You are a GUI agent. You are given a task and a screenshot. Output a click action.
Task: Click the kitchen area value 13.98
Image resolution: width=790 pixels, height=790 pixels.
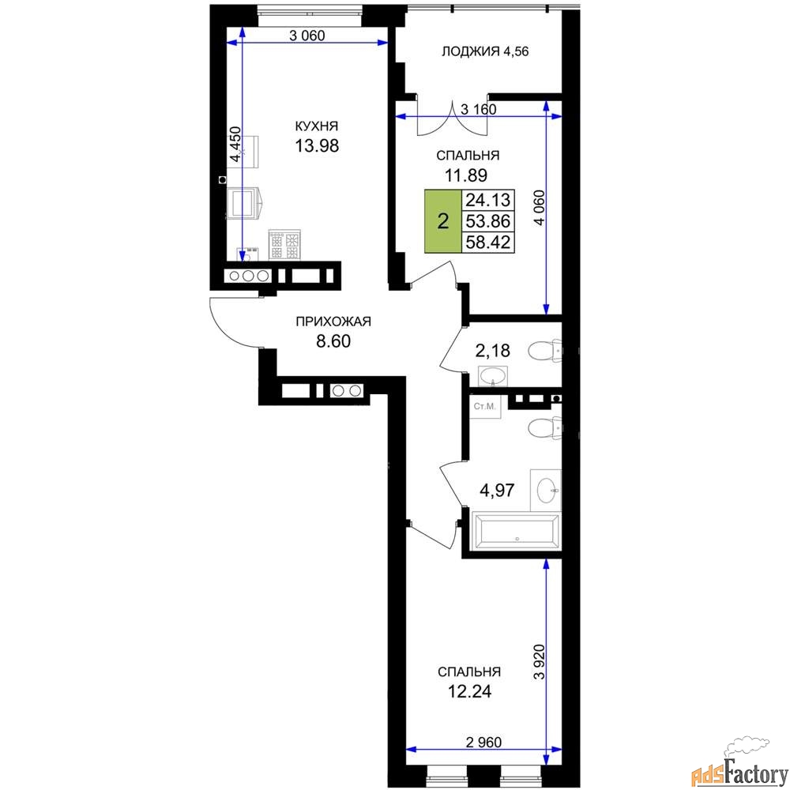coord(317,145)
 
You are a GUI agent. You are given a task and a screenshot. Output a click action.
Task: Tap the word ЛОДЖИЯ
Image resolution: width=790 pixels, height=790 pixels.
coord(471,51)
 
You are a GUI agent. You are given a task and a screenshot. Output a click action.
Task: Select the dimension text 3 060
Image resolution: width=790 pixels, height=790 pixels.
coord(307,36)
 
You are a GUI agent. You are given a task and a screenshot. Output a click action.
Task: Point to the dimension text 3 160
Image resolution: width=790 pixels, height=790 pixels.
coord(479,109)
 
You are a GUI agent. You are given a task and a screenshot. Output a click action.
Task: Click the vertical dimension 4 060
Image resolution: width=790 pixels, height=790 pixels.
coord(539,207)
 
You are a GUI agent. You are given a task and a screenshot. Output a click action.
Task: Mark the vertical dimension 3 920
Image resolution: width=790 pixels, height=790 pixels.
coord(540,662)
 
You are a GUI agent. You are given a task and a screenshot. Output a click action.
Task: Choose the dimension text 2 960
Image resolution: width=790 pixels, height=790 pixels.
coord(483,742)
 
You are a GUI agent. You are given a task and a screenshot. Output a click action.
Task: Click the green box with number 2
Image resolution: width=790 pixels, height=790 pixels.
coord(443,221)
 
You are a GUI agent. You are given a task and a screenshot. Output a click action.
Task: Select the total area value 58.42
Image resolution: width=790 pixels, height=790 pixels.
coord(487,242)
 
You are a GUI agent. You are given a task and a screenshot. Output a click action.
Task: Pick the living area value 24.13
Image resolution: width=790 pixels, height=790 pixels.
coord(487,200)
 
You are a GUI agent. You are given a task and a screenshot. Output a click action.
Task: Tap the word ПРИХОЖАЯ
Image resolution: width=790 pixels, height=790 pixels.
coord(333,322)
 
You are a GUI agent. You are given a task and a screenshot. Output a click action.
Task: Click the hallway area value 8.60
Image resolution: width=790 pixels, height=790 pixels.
coord(333,341)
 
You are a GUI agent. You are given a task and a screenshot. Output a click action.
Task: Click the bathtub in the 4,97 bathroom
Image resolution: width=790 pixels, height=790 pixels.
coord(516,531)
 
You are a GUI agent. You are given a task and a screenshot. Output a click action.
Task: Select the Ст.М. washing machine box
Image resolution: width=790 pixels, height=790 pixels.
coord(485,406)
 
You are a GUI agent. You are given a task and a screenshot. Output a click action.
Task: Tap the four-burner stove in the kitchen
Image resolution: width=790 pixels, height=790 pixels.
coord(284,245)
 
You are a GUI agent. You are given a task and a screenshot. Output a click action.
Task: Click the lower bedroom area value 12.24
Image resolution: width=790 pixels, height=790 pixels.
coord(469,691)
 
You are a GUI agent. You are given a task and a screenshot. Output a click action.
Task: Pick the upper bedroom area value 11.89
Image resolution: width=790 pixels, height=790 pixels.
coord(465,175)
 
